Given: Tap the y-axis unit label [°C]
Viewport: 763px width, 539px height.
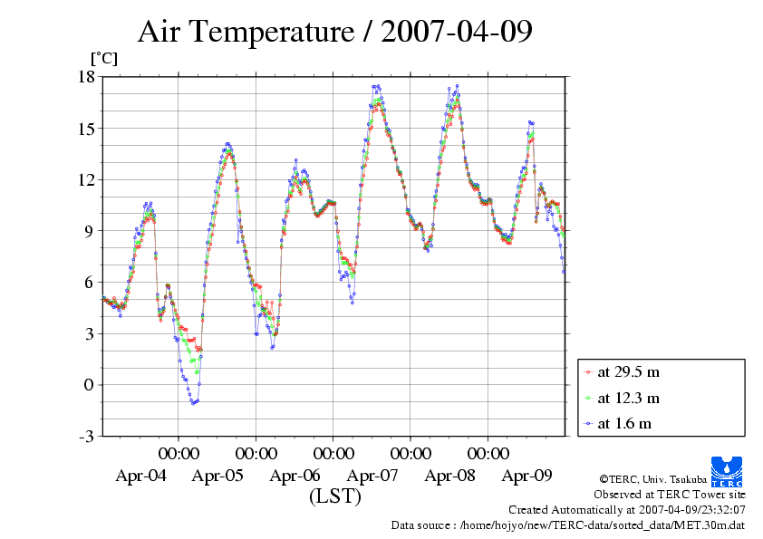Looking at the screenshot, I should (102, 59).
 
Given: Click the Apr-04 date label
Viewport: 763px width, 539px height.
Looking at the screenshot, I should (140, 476).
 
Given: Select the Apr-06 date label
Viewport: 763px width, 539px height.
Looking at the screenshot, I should (295, 476).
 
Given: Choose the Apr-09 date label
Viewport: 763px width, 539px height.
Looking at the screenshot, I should (527, 476).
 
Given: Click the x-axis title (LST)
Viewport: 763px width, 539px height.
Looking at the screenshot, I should (335, 497).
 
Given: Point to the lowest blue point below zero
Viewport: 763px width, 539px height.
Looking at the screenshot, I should (193, 403).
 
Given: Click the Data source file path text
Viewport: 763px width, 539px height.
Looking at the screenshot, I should (568, 525).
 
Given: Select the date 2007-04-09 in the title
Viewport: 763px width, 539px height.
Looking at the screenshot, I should (457, 33).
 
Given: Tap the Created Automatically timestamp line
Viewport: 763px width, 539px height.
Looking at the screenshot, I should (627, 510).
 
